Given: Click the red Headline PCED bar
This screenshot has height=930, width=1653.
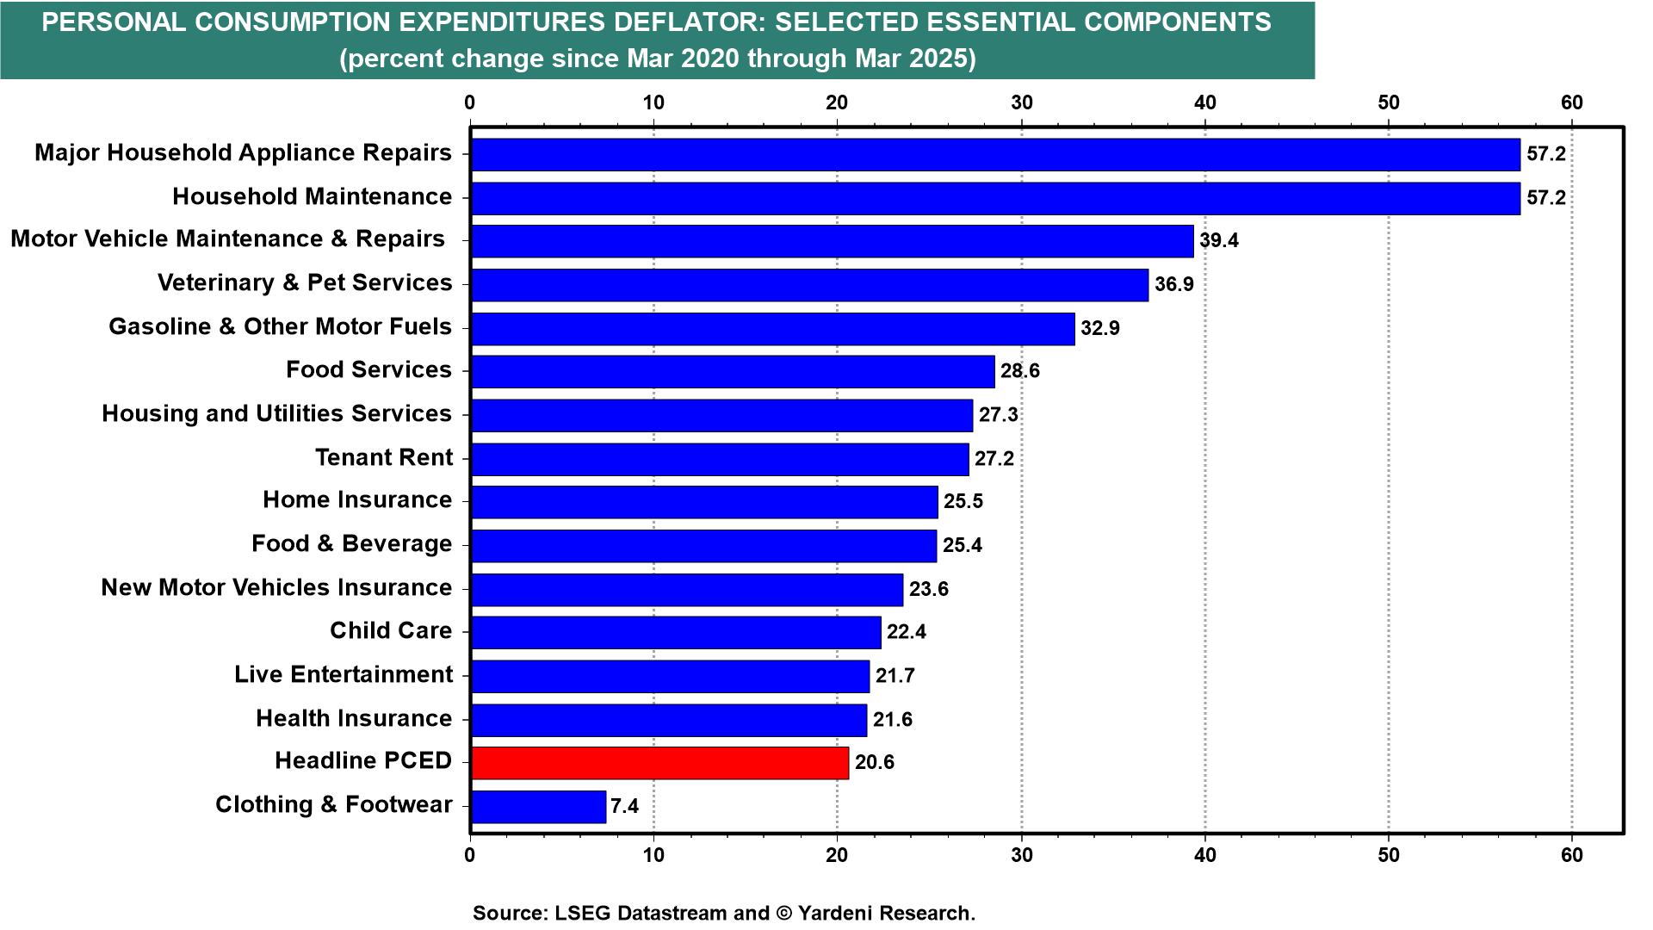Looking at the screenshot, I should click(x=659, y=763).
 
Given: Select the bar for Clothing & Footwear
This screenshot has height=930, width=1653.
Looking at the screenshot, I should click(x=538, y=807).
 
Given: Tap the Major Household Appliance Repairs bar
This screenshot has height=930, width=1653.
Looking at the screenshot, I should click(x=995, y=155).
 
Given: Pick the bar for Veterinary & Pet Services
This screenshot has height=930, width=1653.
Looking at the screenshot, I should click(x=809, y=285).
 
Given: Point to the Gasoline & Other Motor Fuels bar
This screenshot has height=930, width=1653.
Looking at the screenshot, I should click(x=772, y=329).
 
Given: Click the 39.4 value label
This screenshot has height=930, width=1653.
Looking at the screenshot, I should click(x=1219, y=241).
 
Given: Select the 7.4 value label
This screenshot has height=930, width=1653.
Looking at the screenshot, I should click(x=624, y=807).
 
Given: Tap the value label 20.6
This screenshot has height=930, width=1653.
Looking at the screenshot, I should click(x=875, y=763).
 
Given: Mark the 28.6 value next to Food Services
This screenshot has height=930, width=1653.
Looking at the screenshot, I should click(x=1020, y=371).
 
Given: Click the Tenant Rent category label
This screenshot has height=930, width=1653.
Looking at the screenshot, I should click(x=383, y=457).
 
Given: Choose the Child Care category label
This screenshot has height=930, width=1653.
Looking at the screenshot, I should click(x=391, y=630).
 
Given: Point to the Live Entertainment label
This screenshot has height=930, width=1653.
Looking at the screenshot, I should click(x=343, y=674).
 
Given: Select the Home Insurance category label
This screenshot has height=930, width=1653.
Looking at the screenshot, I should click(x=357, y=500).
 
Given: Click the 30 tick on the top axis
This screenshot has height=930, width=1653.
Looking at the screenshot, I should click(x=1021, y=102).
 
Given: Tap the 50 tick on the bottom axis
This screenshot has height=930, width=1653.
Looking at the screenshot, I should click(x=1389, y=855).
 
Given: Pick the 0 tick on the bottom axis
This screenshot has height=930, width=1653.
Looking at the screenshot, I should click(x=470, y=855).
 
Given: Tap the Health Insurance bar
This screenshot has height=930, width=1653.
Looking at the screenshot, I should click(x=669, y=720).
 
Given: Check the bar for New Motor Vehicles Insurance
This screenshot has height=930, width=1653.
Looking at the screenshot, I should click(x=687, y=590).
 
